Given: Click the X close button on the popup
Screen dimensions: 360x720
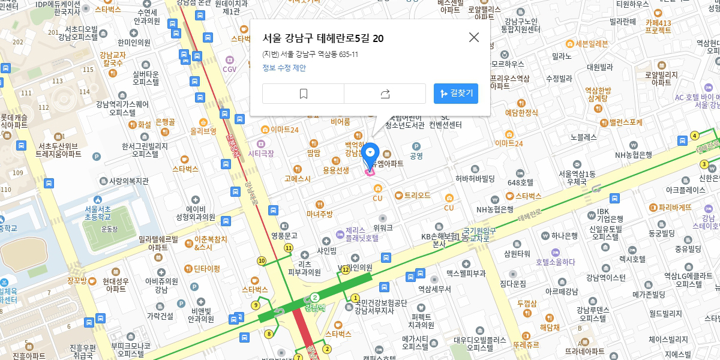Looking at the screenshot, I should click(474, 37).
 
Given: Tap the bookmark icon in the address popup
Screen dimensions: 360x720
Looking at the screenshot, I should click(304, 94).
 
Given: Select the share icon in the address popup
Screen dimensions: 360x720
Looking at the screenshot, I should click(385, 94).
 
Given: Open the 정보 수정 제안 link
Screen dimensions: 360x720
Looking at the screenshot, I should click(284, 68).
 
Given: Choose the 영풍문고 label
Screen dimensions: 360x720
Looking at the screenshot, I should click(284, 236).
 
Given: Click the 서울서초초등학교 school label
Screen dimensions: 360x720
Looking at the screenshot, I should click(97, 212).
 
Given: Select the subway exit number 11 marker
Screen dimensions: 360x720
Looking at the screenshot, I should click(289, 248).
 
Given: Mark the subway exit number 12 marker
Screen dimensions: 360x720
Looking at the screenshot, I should click(346, 269).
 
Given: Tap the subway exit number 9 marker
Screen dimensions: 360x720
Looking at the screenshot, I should click(256, 305).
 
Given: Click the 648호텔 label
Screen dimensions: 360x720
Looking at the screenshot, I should click(520, 182).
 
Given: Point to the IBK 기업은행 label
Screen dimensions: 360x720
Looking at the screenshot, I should click(602, 215).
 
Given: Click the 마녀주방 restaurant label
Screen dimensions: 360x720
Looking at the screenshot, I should click(319, 214).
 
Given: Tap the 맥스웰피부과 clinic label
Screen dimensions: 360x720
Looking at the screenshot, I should click(466, 273).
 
